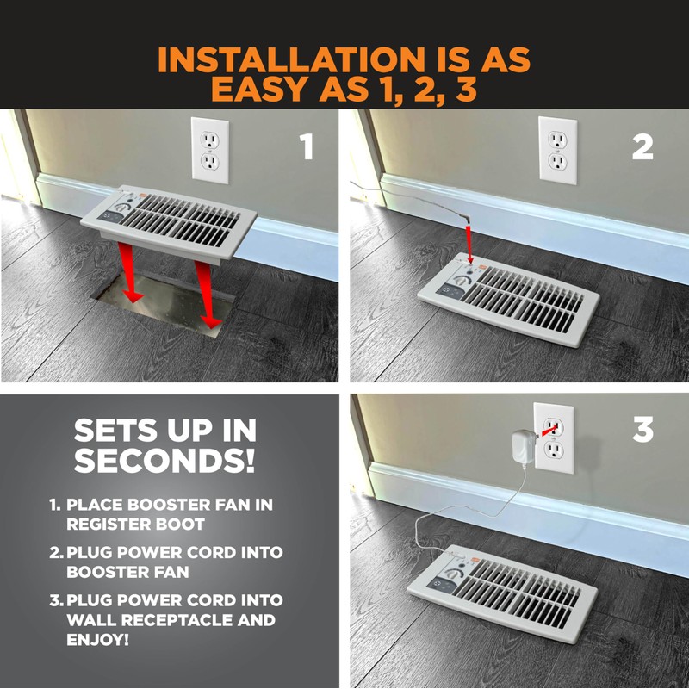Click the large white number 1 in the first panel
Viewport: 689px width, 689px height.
click(307, 146)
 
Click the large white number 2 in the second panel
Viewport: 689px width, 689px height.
click(642, 146)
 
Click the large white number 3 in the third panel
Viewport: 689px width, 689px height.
click(643, 429)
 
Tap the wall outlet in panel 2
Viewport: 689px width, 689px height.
click(557, 150)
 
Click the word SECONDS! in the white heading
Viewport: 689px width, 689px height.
click(164, 460)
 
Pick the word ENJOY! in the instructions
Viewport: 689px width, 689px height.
click(97, 640)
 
